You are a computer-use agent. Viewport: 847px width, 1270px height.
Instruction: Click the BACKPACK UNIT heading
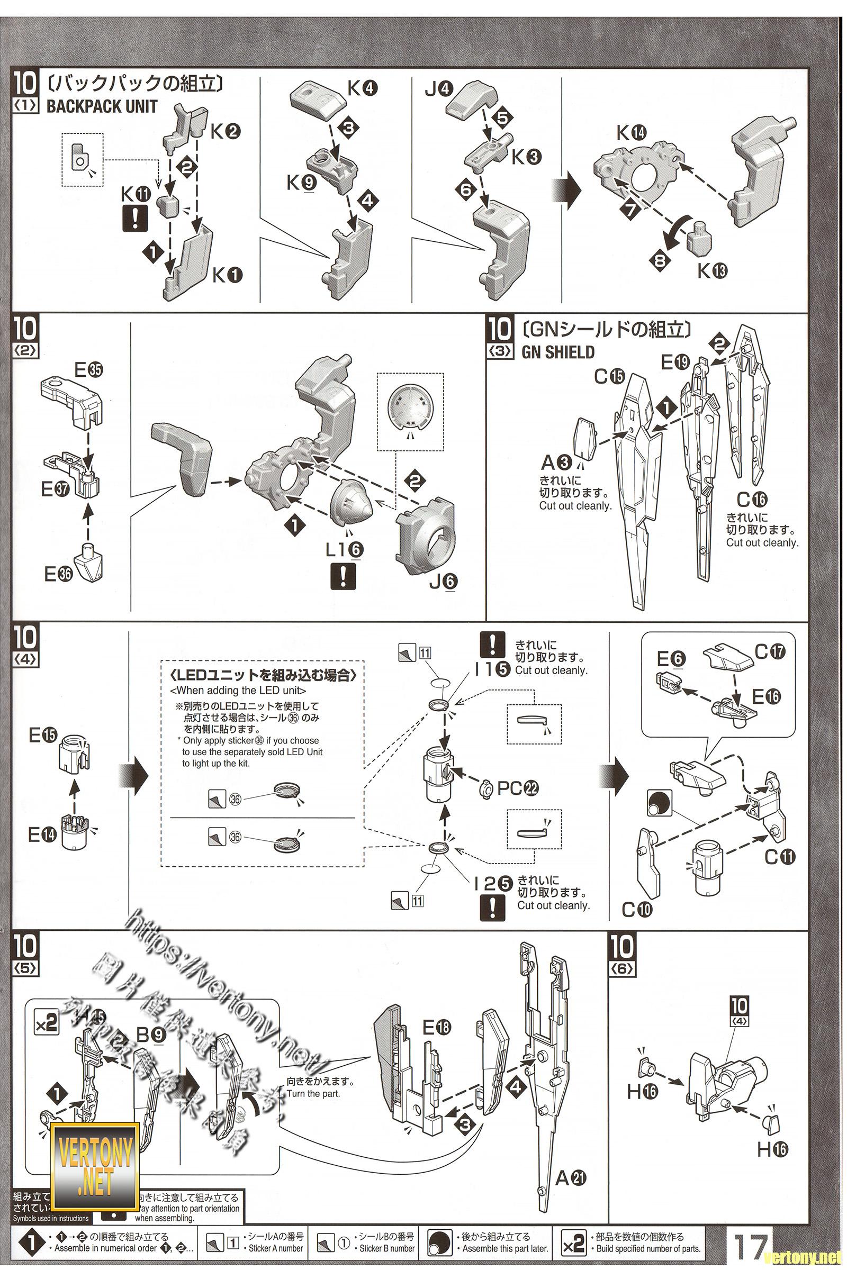tap(102, 106)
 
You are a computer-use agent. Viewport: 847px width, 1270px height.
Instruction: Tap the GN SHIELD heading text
tap(557, 352)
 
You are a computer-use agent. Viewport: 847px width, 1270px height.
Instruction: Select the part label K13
tap(712, 270)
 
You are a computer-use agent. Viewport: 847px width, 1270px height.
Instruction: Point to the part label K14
tap(632, 132)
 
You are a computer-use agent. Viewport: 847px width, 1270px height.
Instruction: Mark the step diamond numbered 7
tap(630, 210)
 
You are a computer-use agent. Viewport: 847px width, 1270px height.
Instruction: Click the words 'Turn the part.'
tap(313, 1093)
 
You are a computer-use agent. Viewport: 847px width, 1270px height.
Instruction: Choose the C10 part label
tap(637, 909)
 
